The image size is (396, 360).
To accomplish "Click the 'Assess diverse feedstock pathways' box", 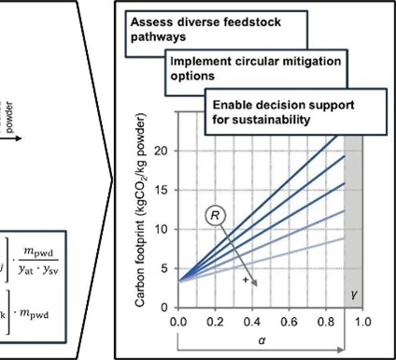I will (x=191, y=29).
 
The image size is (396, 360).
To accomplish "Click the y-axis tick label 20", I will (x=163, y=151).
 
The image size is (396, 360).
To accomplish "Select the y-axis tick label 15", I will (x=163, y=190).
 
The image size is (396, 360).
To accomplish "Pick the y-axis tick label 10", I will (x=163, y=229).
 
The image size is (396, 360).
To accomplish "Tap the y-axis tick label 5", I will (x=165, y=268).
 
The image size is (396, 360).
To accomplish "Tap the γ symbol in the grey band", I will (x=354, y=295).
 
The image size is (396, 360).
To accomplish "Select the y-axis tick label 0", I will (x=165, y=308).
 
